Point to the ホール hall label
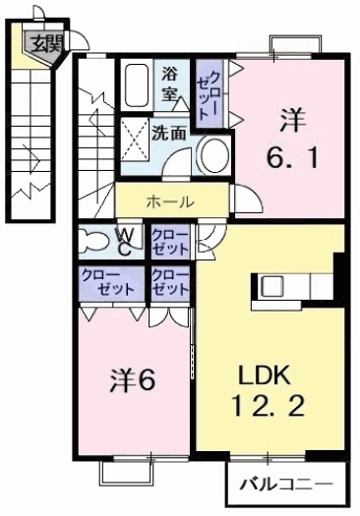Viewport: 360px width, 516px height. [169, 201]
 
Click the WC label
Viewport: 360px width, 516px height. [126, 242]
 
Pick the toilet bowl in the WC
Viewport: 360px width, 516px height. [96, 241]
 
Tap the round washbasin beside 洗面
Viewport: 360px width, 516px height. [211, 155]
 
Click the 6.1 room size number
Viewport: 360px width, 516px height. [292, 156]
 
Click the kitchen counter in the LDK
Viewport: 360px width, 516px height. [295, 286]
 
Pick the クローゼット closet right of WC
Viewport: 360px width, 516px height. [168, 242]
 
